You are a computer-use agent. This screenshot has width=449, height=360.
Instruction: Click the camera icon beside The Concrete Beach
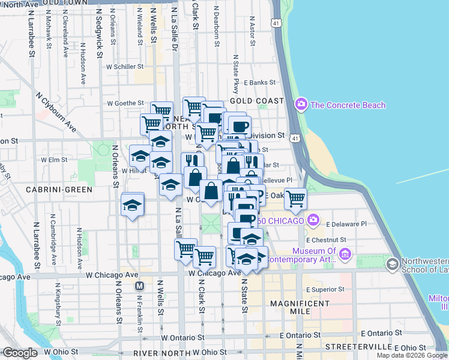pos(301,105)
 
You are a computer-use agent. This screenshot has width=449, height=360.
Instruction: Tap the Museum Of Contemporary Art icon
pos(345,254)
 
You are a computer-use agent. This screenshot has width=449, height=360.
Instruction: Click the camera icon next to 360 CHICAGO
pos(312,220)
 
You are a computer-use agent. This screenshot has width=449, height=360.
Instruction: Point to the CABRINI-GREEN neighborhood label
pos(59,190)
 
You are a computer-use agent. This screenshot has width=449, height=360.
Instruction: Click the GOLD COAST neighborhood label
pos(261,101)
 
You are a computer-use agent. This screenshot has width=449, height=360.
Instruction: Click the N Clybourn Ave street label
pos(58,112)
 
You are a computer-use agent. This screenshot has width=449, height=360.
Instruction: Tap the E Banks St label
pos(259,82)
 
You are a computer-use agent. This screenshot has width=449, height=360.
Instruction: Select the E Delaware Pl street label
pos(346,224)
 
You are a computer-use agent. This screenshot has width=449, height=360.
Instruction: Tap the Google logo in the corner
pos(20,353)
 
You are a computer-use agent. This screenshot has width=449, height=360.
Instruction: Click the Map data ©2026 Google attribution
pos(412,355)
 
